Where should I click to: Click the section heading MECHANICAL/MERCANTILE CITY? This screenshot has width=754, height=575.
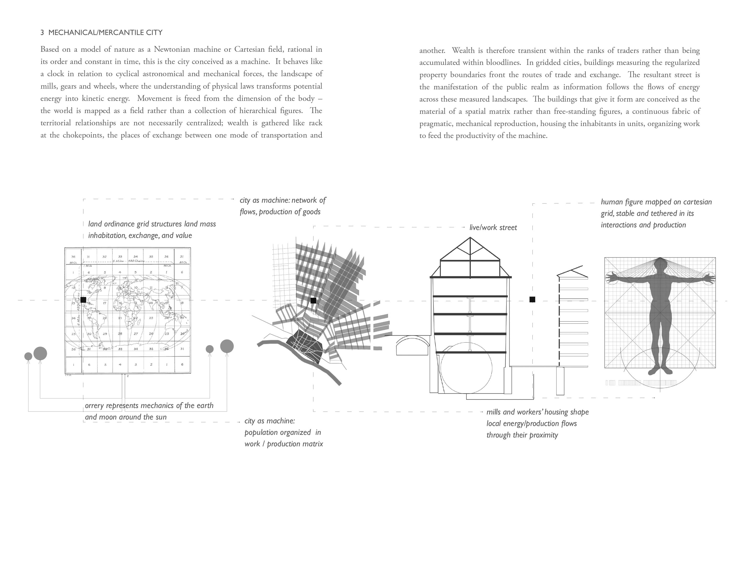(x=105, y=33)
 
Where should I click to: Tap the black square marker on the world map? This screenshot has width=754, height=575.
(x=83, y=300)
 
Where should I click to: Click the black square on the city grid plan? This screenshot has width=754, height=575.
(x=313, y=300)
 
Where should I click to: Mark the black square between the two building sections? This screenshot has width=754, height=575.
(x=532, y=299)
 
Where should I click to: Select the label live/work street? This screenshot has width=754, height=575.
(x=493, y=228)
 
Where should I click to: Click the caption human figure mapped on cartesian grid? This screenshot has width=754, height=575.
(x=656, y=213)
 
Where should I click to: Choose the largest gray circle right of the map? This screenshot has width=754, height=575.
(x=227, y=346)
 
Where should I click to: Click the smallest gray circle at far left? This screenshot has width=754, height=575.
(x=28, y=356)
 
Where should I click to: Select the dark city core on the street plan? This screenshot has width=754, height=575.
(x=304, y=344)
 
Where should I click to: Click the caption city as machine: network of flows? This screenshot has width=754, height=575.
(x=282, y=206)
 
